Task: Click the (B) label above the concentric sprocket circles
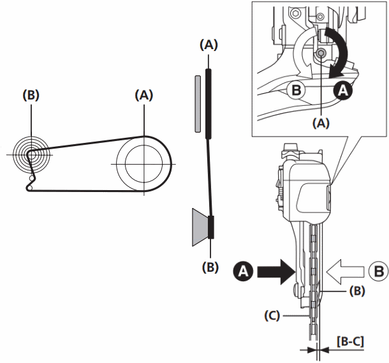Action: pos(31,95)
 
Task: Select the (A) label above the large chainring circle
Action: pos(144,95)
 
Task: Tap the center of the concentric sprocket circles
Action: pos(29,154)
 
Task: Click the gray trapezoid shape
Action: pos(198,226)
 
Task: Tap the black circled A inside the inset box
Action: pos(342,91)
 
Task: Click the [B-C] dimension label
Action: pos(349,342)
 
